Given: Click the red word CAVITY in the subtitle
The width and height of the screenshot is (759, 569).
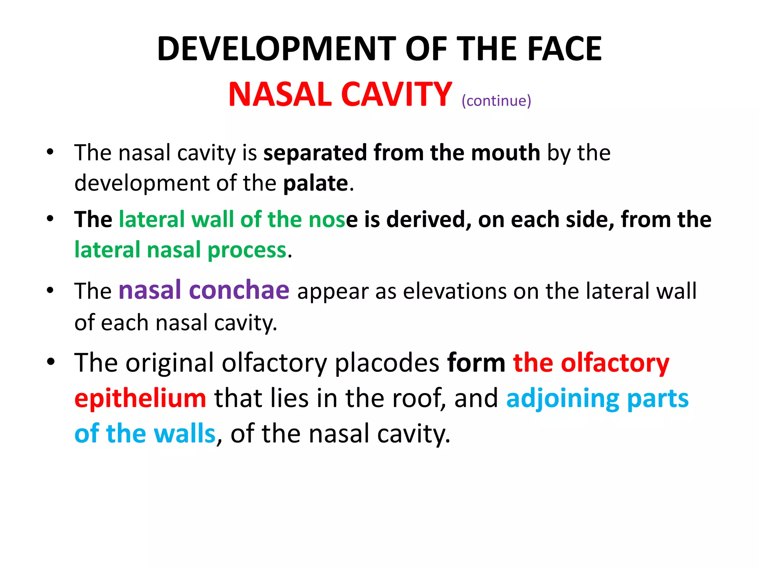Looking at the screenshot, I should [x=396, y=94].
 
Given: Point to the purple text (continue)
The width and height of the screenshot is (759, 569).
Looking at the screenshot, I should [x=496, y=101].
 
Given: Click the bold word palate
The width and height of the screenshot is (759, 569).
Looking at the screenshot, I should [x=315, y=183].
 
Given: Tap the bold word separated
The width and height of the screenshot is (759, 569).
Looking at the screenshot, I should [x=315, y=153].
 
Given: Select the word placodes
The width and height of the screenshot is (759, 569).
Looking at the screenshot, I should [x=387, y=363].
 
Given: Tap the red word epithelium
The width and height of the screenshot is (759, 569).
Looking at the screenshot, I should [x=140, y=399].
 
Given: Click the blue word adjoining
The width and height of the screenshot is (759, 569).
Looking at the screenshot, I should [x=563, y=399].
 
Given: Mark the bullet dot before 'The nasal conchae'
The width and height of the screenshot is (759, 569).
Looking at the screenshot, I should [x=50, y=290].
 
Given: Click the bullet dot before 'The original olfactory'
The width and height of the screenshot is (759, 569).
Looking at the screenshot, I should [x=51, y=361].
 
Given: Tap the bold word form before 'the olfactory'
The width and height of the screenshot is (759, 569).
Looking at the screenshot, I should [x=476, y=363].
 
